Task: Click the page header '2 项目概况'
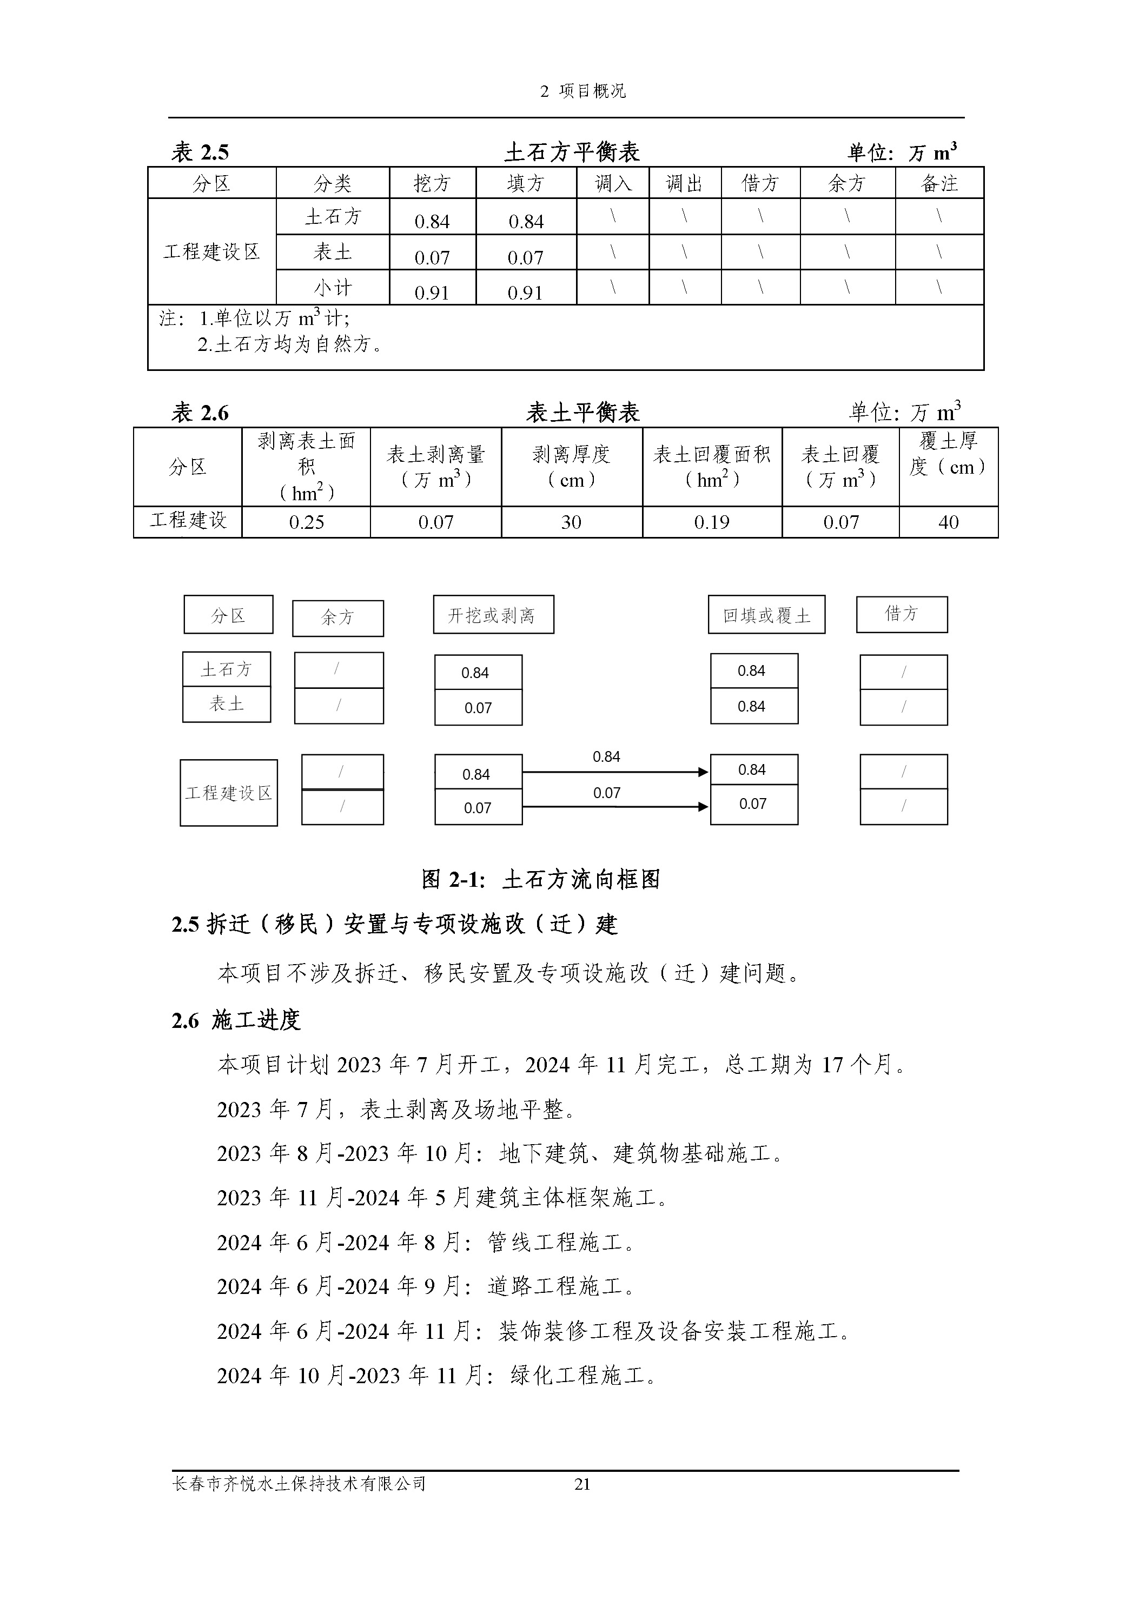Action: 582,91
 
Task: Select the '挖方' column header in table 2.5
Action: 432,183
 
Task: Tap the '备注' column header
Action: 939,183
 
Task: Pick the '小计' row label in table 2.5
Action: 333,288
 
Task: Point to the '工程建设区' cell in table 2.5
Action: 211,251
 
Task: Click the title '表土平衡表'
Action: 582,413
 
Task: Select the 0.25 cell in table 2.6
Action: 306,522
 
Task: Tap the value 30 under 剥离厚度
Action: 571,522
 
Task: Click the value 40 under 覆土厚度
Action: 948,522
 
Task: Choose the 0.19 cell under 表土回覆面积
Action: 712,522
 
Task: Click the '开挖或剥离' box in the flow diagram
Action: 493,615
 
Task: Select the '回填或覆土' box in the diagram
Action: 766,615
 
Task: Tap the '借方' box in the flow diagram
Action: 901,614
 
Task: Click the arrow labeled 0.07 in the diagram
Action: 615,807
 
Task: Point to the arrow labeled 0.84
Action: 615,772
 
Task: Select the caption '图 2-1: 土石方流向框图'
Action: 540,879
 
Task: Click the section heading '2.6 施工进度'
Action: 236,1021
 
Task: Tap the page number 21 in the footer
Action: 582,1484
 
